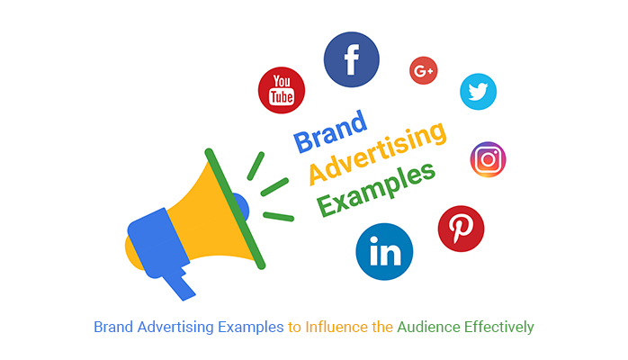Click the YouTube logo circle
click(281, 90)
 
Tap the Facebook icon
click(351, 59)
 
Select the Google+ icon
click(424, 70)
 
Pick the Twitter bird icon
click(478, 92)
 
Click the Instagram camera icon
click(488, 159)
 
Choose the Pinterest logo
click(461, 229)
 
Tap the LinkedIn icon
click(384, 251)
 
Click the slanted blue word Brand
click(330, 131)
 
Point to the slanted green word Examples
click(376, 190)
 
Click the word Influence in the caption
click(336, 327)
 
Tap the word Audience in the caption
click(428, 328)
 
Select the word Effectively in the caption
click(499, 328)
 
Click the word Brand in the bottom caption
click(113, 327)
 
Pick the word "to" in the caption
click(294, 328)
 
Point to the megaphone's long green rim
click(235, 209)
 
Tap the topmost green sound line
click(256, 166)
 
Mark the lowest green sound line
click(279, 217)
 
